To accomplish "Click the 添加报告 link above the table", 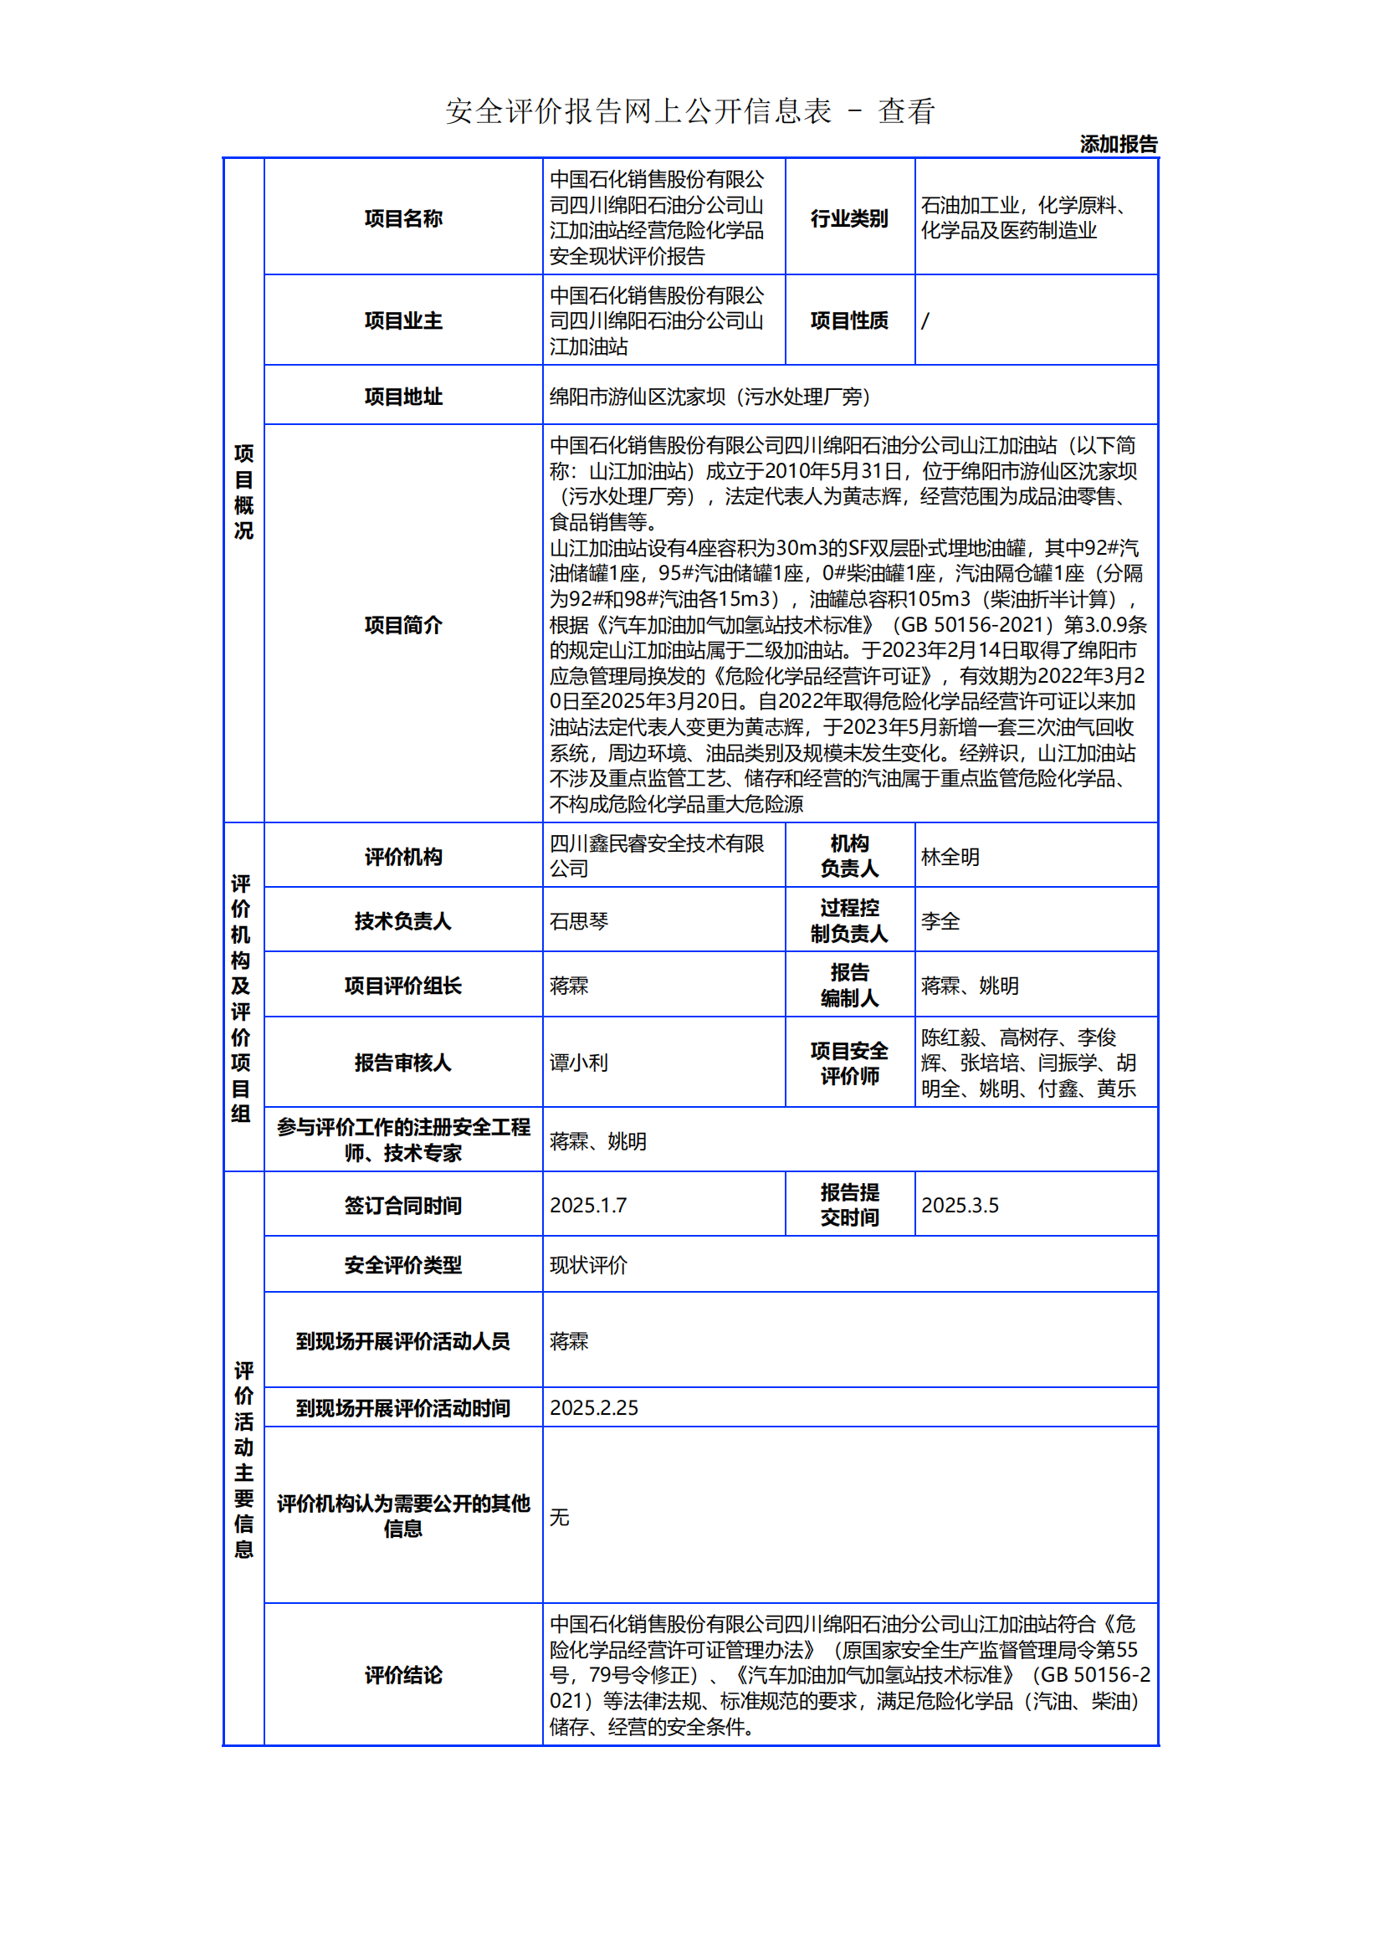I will [x=1118, y=144].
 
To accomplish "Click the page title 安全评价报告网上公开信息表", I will [x=638, y=111].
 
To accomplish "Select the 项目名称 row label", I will [x=403, y=218].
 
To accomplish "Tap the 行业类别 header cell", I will [x=848, y=218].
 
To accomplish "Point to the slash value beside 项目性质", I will [x=925, y=320].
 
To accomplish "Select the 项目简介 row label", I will [x=403, y=625].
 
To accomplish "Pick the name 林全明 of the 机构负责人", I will [x=950, y=857].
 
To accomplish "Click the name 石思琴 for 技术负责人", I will [x=579, y=920].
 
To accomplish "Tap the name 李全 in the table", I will [x=940, y=920].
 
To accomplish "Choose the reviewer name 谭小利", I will [x=579, y=1062].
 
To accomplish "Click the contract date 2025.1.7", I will [x=588, y=1204].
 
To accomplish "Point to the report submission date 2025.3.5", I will [x=960, y=1204].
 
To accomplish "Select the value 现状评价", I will [x=588, y=1265].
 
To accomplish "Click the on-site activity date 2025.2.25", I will [x=594, y=1407].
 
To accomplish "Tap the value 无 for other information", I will [x=559, y=1516].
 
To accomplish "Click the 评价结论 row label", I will [x=403, y=1675].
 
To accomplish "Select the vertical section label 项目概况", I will [x=243, y=491].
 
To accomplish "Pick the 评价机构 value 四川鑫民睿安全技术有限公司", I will [x=656, y=856].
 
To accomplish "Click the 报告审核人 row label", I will [x=403, y=1062].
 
